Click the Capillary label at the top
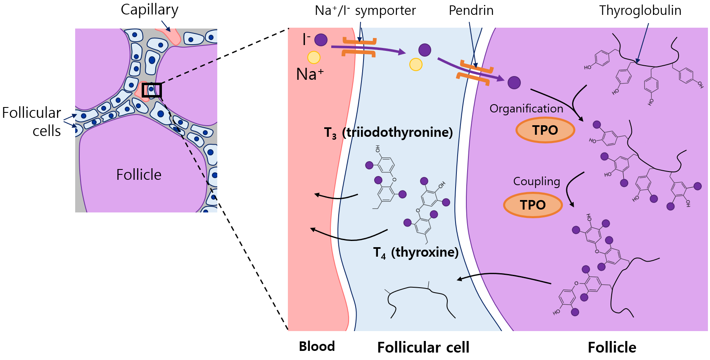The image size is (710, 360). click(x=150, y=10)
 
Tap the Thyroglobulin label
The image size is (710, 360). click(x=640, y=10)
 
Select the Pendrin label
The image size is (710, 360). click(x=471, y=10)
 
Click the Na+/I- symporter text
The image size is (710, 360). click(x=365, y=10)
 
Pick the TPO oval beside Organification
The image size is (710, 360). click(x=545, y=130)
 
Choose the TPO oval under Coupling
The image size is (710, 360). click(x=533, y=205)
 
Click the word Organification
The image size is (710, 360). click(x=526, y=109)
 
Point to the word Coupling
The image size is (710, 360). click(x=537, y=181)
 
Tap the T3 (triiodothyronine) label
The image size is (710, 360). click(x=388, y=132)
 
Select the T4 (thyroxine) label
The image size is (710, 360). click(x=416, y=252)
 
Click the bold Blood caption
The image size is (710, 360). click(x=317, y=346)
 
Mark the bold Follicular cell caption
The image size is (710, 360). click(x=423, y=348)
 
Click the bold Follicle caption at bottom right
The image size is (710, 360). click(x=612, y=348)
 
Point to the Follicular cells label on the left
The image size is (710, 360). click(x=32, y=122)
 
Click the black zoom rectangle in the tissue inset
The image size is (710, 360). click(x=152, y=90)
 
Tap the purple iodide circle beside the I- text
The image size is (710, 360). click(x=321, y=40)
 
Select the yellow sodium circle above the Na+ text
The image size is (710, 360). click(x=314, y=57)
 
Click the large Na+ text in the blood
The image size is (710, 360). click(x=310, y=74)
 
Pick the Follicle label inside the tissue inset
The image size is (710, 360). click(x=139, y=175)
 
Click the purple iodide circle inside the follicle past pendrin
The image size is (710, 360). click(x=514, y=83)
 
